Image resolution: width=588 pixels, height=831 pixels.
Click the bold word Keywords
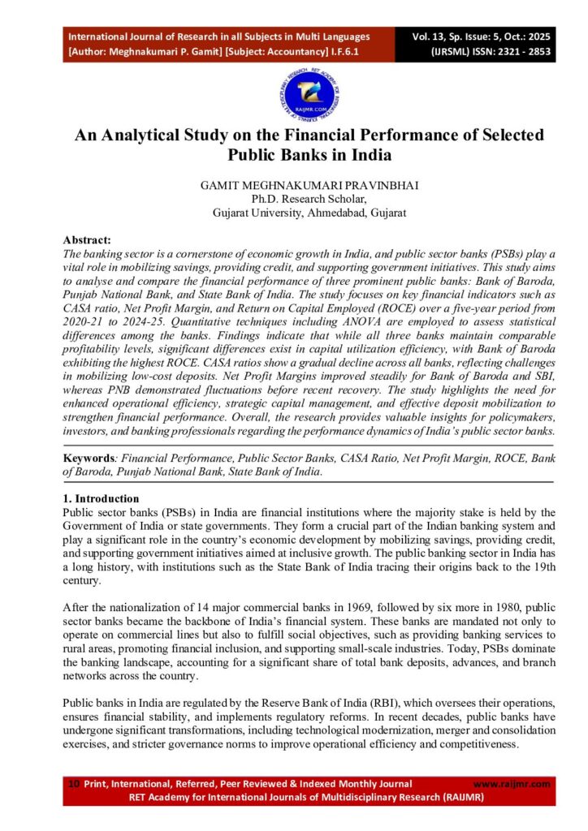click(x=90, y=458)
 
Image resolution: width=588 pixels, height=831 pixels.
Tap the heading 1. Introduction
click(x=101, y=498)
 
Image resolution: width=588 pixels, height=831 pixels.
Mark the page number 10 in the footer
click(x=74, y=784)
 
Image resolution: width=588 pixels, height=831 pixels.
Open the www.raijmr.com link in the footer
click(x=511, y=784)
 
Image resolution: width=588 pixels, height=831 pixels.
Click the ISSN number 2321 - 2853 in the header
click(x=510, y=50)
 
